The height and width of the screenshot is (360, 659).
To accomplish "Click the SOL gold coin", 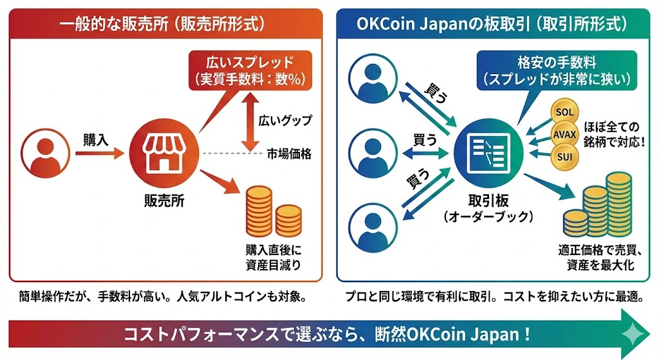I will (x=564, y=112).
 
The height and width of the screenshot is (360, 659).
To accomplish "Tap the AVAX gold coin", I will (x=564, y=135).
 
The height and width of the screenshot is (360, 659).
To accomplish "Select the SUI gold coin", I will (x=564, y=156).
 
